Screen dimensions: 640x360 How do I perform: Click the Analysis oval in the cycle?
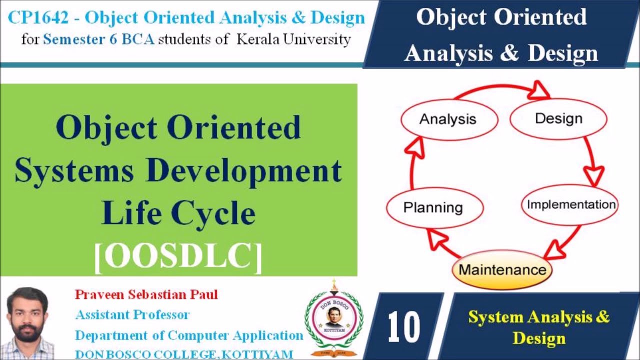point(449,119)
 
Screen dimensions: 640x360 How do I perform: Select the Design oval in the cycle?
point(558,119)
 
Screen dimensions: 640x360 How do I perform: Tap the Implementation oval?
point(570,205)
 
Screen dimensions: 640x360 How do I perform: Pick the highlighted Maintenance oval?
point(502,269)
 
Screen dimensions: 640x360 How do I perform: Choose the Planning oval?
point(435,207)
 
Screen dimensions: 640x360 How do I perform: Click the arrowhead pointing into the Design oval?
point(538,90)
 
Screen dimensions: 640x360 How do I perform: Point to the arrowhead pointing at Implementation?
point(593,175)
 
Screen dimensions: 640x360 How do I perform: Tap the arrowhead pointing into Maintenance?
point(555,250)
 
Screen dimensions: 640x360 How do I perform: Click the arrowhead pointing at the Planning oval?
point(436,238)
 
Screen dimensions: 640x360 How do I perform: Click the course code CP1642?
point(38,17)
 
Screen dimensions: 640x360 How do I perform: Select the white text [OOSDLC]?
point(178,257)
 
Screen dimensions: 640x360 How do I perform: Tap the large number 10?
point(403,326)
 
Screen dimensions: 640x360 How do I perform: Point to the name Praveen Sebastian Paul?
point(146,294)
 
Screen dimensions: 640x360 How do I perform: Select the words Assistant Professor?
point(132,315)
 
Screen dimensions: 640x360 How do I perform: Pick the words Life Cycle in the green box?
point(178,213)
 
